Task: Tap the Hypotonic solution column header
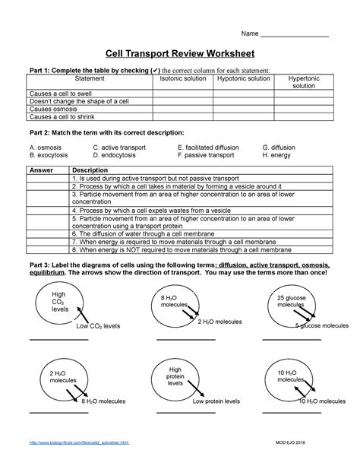click(243, 78)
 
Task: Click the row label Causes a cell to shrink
click(63, 117)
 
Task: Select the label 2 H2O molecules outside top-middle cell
click(219, 322)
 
